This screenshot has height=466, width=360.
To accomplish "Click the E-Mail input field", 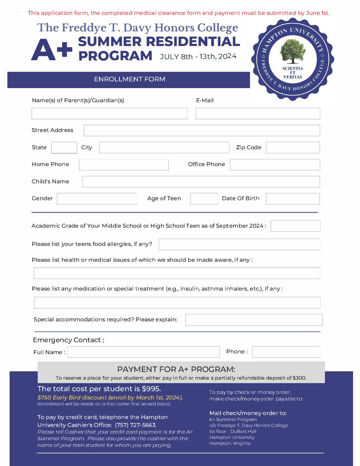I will point(258,114).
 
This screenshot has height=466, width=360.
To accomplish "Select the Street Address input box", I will point(202,130).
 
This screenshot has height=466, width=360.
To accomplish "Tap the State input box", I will point(64,148).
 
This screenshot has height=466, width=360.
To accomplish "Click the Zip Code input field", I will point(293,148).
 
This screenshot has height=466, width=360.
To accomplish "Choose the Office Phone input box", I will point(275,164).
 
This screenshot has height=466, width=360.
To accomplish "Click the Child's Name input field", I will point(201,182).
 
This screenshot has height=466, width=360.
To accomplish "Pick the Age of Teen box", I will point(204,199).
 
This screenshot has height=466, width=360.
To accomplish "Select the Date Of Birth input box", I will point(293,199).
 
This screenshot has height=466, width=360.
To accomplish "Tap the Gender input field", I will point(97,199).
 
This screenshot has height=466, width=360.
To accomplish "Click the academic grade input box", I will point(295,226).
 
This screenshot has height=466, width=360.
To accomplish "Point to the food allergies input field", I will point(240,244).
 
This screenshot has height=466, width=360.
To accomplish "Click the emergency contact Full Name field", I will point(144,352).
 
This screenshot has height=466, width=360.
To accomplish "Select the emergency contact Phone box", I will point(286,352).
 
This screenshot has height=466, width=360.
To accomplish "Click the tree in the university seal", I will point(292,51).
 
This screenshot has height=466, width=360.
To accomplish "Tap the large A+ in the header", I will point(52,50).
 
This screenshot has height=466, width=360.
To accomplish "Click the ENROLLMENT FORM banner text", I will point(129,79).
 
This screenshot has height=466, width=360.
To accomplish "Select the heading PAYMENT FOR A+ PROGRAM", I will point(176,369).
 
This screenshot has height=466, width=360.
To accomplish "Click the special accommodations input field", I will point(254,320).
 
